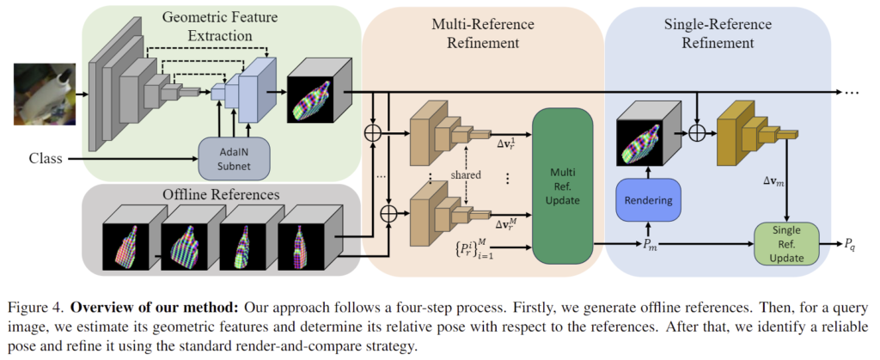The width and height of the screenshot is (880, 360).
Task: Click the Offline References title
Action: point(221,194)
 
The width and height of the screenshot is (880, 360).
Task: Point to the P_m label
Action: point(646,246)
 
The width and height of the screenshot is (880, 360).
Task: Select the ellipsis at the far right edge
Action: point(855,92)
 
